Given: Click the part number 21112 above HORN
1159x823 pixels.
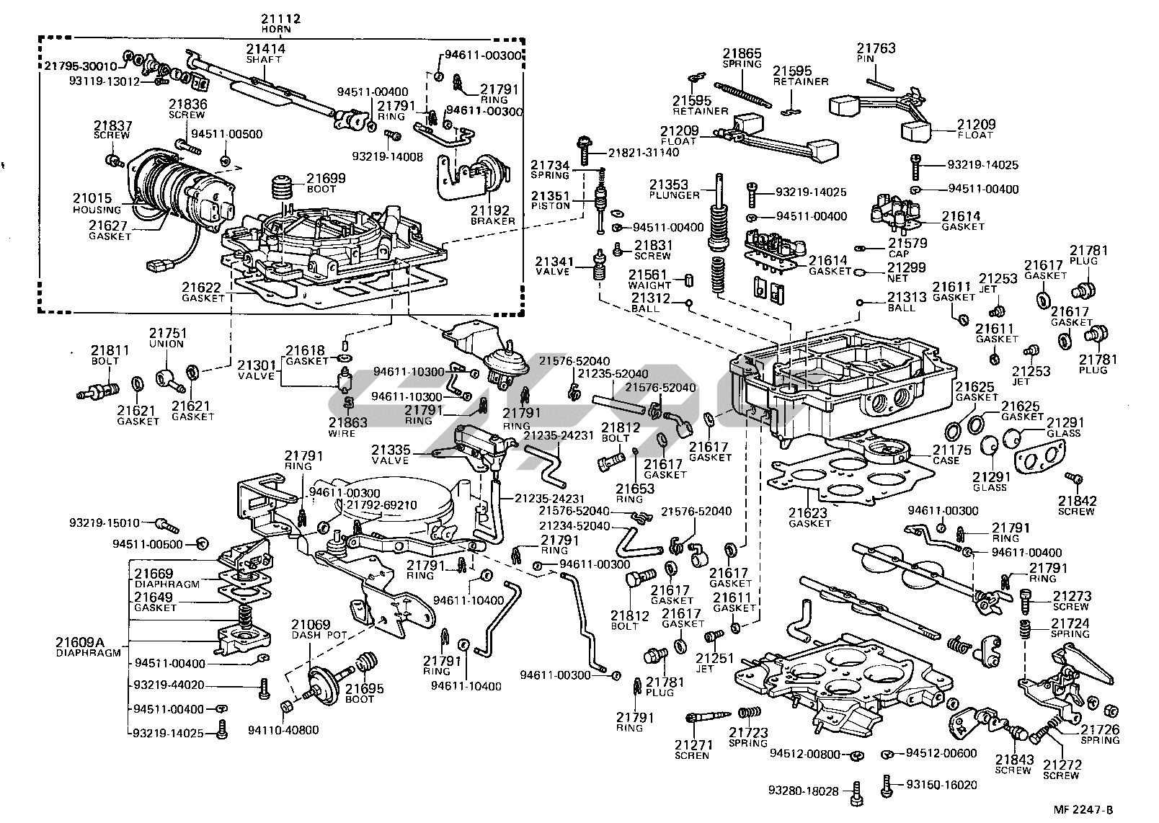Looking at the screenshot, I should pyautogui.click(x=280, y=19).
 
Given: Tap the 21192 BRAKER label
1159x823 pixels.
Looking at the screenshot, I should pyautogui.click(x=492, y=214).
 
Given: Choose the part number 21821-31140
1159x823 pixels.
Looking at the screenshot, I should pyautogui.click(x=643, y=153).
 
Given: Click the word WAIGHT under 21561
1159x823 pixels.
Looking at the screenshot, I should pyautogui.click(x=649, y=285).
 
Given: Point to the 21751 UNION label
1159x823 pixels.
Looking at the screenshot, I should pyautogui.click(x=168, y=338).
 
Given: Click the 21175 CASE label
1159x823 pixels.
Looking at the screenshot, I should pyautogui.click(x=951, y=455).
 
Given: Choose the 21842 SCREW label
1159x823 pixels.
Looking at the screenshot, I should pyautogui.click(x=1076, y=505).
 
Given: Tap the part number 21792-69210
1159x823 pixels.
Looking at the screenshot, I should pyautogui.click(x=378, y=504).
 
